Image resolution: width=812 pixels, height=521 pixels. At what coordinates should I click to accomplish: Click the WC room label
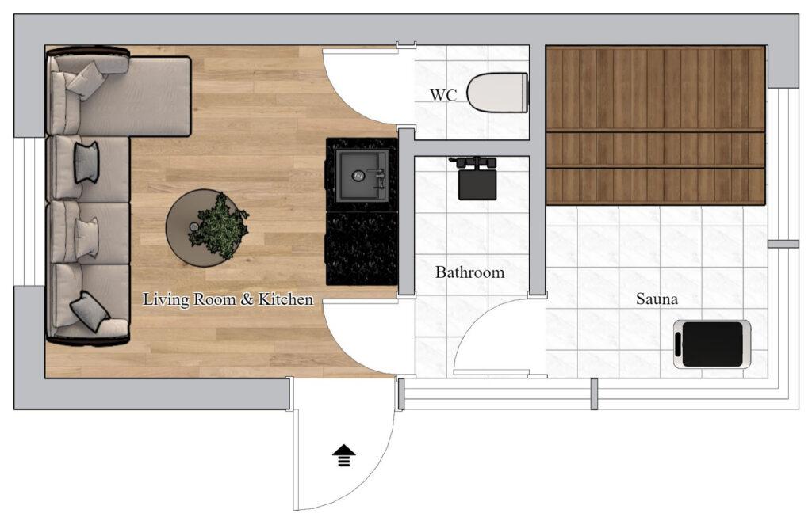(x=443, y=96)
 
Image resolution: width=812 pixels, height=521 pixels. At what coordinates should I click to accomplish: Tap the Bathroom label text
(x=469, y=272)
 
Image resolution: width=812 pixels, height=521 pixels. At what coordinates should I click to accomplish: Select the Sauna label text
(x=657, y=299)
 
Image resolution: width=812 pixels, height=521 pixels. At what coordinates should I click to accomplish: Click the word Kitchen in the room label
(x=285, y=299)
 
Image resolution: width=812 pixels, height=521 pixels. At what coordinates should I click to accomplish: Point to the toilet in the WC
(x=497, y=93)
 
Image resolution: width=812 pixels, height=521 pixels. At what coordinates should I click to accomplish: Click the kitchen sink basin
(x=362, y=175)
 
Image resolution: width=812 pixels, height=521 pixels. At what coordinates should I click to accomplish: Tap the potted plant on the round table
(x=218, y=226)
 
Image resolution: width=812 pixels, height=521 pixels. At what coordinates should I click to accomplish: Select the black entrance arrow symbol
(x=344, y=456)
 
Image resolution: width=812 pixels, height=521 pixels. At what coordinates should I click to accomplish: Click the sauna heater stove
(x=712, y=344)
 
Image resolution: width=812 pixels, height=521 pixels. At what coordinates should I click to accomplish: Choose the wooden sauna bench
(x=656, y=125)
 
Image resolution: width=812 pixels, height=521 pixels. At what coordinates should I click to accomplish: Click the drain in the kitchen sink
(x=358, y=176)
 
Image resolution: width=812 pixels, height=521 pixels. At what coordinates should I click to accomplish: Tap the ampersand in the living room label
(x=247, y=299)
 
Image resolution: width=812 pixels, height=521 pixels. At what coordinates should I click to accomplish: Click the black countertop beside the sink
(x=362, y=248)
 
